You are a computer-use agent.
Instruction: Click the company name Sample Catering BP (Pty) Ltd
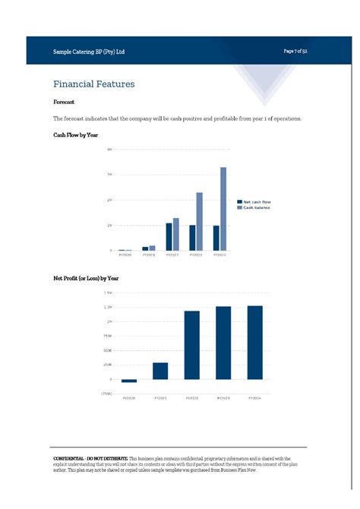[x=89, y=52]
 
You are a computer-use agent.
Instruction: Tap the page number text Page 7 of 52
[x=295, y=51]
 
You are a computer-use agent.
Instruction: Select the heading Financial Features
[x=94, y=84]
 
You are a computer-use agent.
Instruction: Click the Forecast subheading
[x=64, y=102]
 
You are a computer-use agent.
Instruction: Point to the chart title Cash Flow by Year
[x=76, y=134]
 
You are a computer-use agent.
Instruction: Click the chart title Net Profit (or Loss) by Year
[x=86, y=279]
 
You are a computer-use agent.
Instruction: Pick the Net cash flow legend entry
[x=256, y=202]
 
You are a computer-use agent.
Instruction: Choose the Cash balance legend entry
[x=255, y=207]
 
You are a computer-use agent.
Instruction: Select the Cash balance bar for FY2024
[x=223, y=209]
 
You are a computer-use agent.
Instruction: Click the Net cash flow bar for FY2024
[x=216, y=238]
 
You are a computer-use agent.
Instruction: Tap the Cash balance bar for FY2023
[x=200, y=221]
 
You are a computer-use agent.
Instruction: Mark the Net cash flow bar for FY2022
[x=169, y=236]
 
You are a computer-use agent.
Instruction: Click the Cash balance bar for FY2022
[x=176, y=234]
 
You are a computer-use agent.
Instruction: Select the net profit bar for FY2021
[x=160, y=371]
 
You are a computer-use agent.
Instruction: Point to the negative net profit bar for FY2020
[x=129, y=381]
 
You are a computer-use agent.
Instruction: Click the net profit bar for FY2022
[x=192, y=345]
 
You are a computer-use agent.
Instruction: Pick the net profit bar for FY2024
[x=254, y=343]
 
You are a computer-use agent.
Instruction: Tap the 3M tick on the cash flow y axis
[x=110, y=175]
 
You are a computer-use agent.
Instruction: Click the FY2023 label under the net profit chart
[x=223, y=398]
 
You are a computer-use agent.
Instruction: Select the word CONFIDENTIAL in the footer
[x=68, y=459]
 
